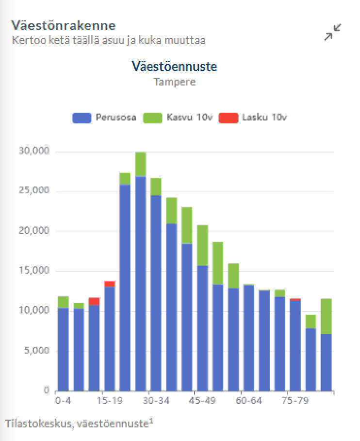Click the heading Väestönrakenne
tap(63, 25)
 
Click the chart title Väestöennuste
tap(174, 67)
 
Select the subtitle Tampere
tap(175, 82)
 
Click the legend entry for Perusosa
tap(104, 118)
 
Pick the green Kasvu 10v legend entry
tap(178, 118)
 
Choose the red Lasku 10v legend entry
tap(253, 118)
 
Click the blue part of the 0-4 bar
tap(63, 350)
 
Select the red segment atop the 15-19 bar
tap(110, 284)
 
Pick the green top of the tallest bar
tap(141, 164)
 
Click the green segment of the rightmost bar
tap(327, 316)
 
